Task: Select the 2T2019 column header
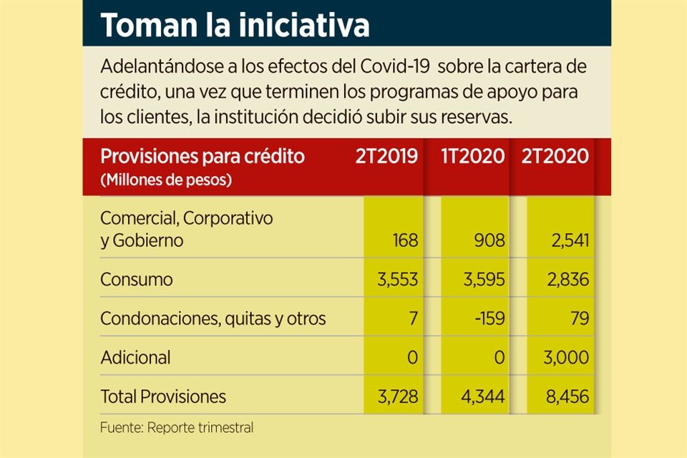pos(386,157)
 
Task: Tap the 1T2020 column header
pos(473,157)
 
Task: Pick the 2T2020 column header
pos(555,157)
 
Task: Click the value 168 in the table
pos(405,240)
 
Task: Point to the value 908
pos(490,240)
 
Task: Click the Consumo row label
pos(136,279)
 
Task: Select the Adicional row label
pos(136,357)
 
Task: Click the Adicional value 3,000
pos(565,357)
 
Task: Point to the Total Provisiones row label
pos(163,396)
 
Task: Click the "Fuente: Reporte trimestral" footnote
pos(177,428)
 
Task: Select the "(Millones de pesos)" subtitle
pos(166,180)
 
